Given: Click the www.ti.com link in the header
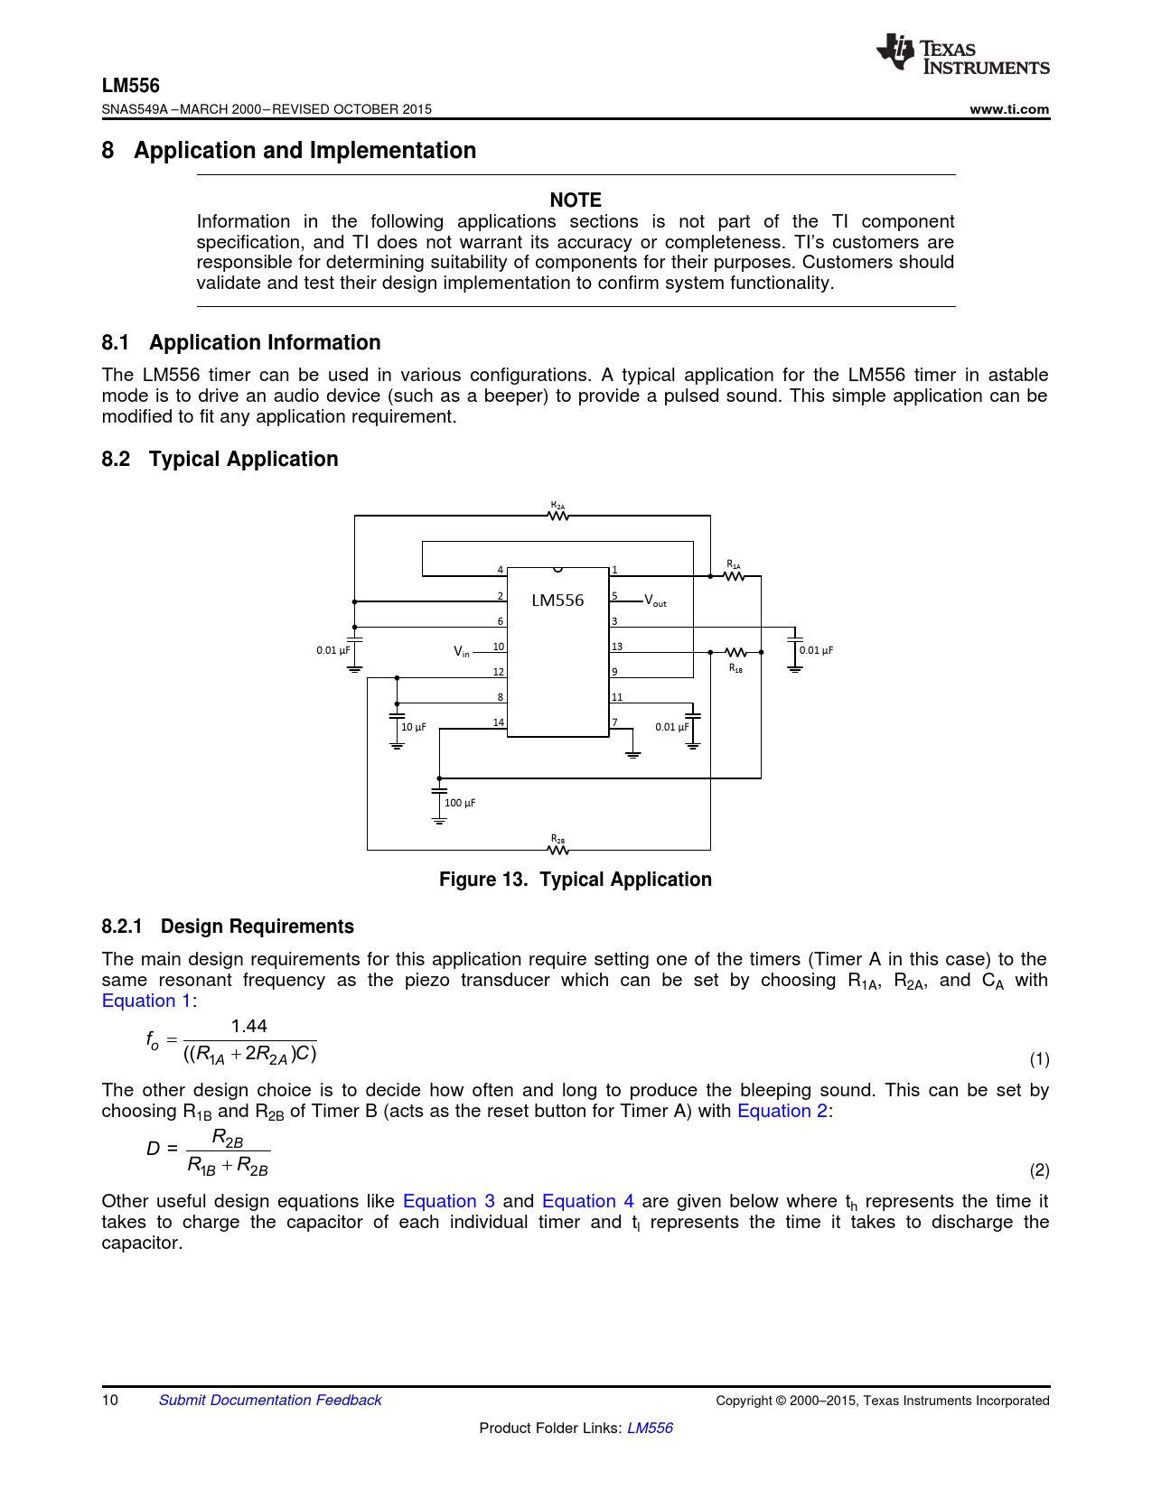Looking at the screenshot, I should point(1009,109).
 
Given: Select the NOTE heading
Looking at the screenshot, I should point(576,200).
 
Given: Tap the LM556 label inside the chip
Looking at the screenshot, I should point(557,601).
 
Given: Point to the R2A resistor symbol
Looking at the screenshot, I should point(558,516).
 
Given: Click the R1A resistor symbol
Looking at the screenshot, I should point(735,576).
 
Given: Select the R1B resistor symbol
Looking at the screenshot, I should point(736,652).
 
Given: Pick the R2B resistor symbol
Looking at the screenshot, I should point(558,850).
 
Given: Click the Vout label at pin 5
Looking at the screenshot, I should point(656,601).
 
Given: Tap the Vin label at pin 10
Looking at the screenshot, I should point(462,650).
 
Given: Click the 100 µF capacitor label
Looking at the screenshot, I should point(460,803).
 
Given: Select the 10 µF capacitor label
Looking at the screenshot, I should point(414,727).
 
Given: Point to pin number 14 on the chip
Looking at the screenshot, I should point(498,722).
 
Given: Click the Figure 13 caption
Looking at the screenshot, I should point(576,880).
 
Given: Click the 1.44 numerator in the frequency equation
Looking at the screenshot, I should point(249,1026).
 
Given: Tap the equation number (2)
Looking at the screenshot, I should point(1039,1170).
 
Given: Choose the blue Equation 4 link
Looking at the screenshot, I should point(587,1201).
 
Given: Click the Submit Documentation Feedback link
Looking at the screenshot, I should point(270,1400).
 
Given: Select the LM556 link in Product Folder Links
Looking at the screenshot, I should point(650,1428).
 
